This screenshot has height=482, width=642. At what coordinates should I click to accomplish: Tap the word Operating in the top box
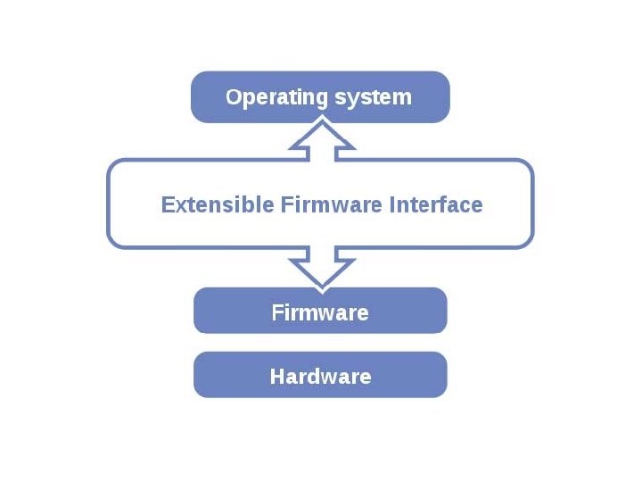pyautogui.click(x=269, y=96)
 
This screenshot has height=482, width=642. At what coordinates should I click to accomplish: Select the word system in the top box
pyautogui.click(x=373, y=97)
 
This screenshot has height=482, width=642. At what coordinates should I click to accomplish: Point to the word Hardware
pyautogui.click(x=320, y=376)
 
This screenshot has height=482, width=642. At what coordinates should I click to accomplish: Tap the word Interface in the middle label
pyautogui.click(x=436, y=204)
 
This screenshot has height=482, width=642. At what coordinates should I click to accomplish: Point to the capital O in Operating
pyautogui.click(x=234, y=96)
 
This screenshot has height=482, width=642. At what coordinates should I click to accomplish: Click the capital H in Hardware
pyautogui.click(x=276, y=376)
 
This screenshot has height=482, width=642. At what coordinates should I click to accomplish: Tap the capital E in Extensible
pyautogui.click(x=167, y=204)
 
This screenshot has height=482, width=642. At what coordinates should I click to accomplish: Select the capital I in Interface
pyautogui.click(x=392, y=204)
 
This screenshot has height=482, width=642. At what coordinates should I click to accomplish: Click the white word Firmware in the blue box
pyautogui.click(x=320, y=312)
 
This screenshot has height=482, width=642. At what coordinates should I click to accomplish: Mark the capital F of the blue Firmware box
pyautogui.click(x=276, y=312)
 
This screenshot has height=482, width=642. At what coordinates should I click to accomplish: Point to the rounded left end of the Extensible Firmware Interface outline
pyautogui.click(x=109, y=204)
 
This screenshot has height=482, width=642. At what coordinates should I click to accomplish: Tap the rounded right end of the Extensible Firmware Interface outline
pyautogui.click(x=532, y=204)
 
